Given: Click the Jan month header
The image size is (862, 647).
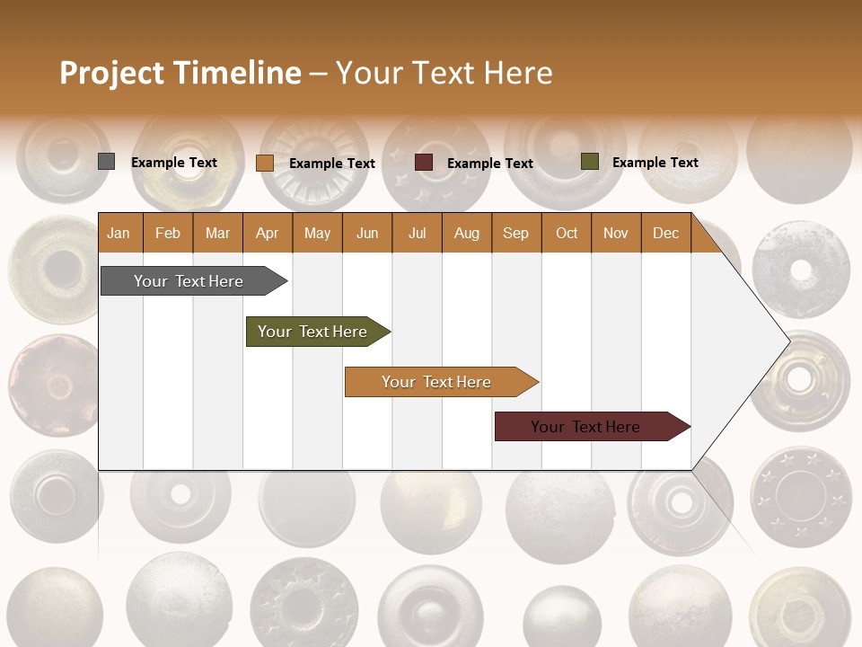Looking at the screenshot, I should [119, 233].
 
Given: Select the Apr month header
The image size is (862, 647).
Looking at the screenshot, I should [267, 233].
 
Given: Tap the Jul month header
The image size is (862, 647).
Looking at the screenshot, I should [417, 233].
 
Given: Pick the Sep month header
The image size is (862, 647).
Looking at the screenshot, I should [515, 233].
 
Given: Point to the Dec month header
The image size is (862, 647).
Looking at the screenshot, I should [665, 233].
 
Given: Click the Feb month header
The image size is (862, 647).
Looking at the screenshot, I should [168, 233].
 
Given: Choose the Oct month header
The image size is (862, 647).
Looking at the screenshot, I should [566, 233].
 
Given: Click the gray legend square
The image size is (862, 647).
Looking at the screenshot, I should [106, 162].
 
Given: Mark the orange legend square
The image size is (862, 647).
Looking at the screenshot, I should [264, 163].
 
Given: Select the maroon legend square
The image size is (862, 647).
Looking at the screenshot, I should [424, 163].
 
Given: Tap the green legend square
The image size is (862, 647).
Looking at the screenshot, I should [589, 162].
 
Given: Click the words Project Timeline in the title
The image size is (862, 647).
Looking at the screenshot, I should [180, 73].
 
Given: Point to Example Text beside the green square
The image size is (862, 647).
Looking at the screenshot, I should [655, 163].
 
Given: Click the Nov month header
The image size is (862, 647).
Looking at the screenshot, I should [615, 233].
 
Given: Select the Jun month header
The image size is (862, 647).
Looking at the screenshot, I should [366, 233].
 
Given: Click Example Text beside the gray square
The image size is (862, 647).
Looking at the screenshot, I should [173, 163].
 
